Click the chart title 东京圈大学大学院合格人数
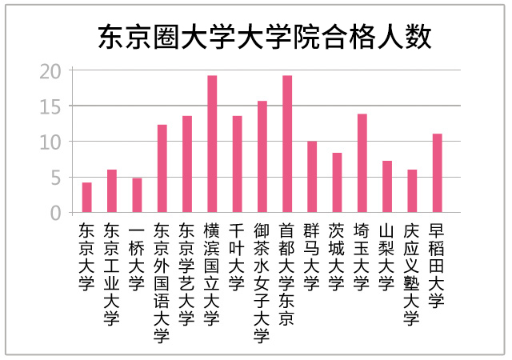pos(265,37)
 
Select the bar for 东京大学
pos(87,198)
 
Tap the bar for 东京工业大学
pos(112,191)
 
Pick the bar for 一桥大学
pos(137,195)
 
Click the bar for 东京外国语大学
pos(162,169)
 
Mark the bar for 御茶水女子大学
pos(262,157)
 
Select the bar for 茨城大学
pos(337,182)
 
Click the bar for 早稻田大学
pos(437,173)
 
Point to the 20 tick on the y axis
pos(51,71)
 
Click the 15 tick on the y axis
pos(51,106)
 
